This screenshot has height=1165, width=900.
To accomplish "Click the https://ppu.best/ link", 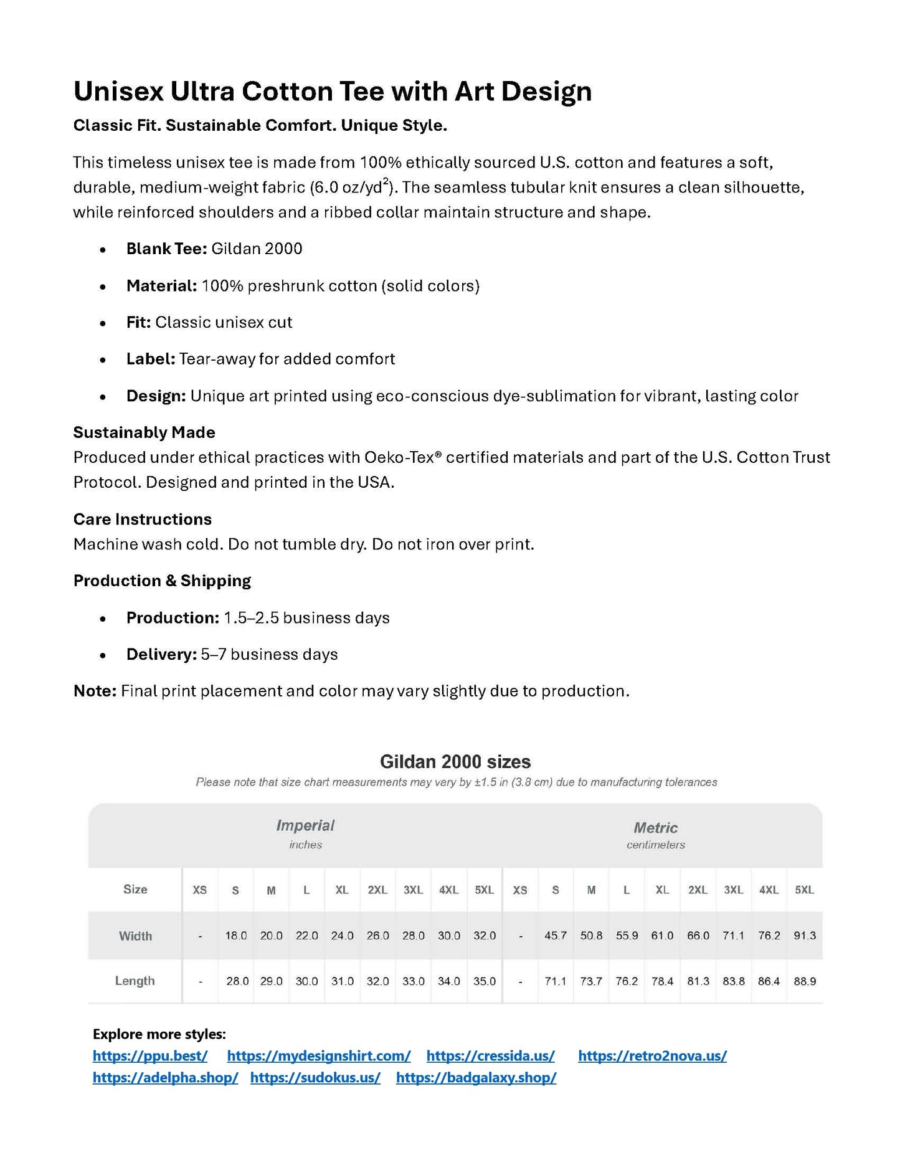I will pyautogui.click(x=149, y=1055).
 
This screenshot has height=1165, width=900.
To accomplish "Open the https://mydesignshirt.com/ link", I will pyautogui.click(x=318, y=1055).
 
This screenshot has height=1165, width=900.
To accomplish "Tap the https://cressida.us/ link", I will pyautogui.click(x=490, y=1055).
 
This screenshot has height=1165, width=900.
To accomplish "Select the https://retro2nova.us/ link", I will pyautogui.click(x=652, y=1055).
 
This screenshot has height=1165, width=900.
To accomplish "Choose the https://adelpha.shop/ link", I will pyautogui.click(x=165, y=1077).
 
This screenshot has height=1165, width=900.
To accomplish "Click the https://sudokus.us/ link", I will pyautogui.click(x=315, y=1077).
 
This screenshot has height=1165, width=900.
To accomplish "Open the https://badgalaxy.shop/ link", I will pyautogui.click(x=476, y=1077).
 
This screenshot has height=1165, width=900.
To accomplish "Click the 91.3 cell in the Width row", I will pyautogui.click(x=804, y=935).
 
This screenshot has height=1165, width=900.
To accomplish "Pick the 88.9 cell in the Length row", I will pyautogui.click(x=804, y=981).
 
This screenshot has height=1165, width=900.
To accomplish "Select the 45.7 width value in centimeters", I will pyautogui.click(x=555, y=935).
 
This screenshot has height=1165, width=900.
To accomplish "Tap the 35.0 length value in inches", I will pyautogui.click(x=484, y=981).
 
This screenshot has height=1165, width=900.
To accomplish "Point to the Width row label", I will pyautogui.click(x=135, y=936).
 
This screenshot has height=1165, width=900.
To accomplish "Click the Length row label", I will pyautogui.click(x=135, y=981).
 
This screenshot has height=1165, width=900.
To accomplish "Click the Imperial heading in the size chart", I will pyautogui.click(x=305, y=825).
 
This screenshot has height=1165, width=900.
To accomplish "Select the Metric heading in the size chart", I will pyautogui.click(x=655, y=828).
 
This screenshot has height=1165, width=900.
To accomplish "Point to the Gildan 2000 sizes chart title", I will pyautogui.click(x=455, y=761).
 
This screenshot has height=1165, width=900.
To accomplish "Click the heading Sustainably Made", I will pyautogui.click(x=144, y=432).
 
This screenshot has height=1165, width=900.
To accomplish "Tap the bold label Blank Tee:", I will pyautogui.click(x=166, y=249).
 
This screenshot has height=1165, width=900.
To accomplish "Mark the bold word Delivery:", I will pyautogui.click(x=161, y=654).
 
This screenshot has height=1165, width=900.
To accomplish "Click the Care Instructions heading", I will pyautogui.click(x=142, y=519).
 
